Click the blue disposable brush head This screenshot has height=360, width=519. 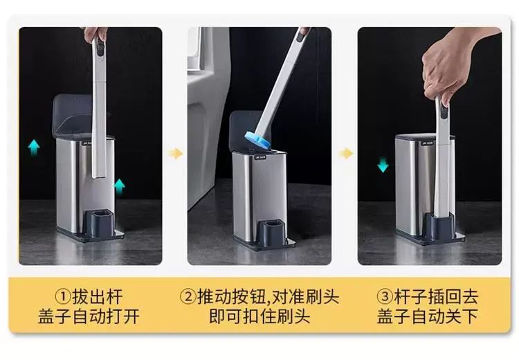coord(257,139)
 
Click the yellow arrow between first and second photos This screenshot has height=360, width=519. coord(176,153)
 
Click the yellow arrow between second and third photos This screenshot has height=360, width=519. coord(346,153)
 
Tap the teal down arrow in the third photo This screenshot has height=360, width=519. coord(383,165)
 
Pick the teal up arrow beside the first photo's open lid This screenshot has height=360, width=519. coord(34,147)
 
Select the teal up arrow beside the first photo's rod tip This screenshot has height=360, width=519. coord(120,186)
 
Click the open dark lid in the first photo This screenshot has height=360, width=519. coord(73,114)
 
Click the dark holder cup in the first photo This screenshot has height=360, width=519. coord(99,223)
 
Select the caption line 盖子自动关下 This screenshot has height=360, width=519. coord(428,316)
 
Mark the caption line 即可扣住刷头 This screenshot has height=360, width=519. coord(259,316)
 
